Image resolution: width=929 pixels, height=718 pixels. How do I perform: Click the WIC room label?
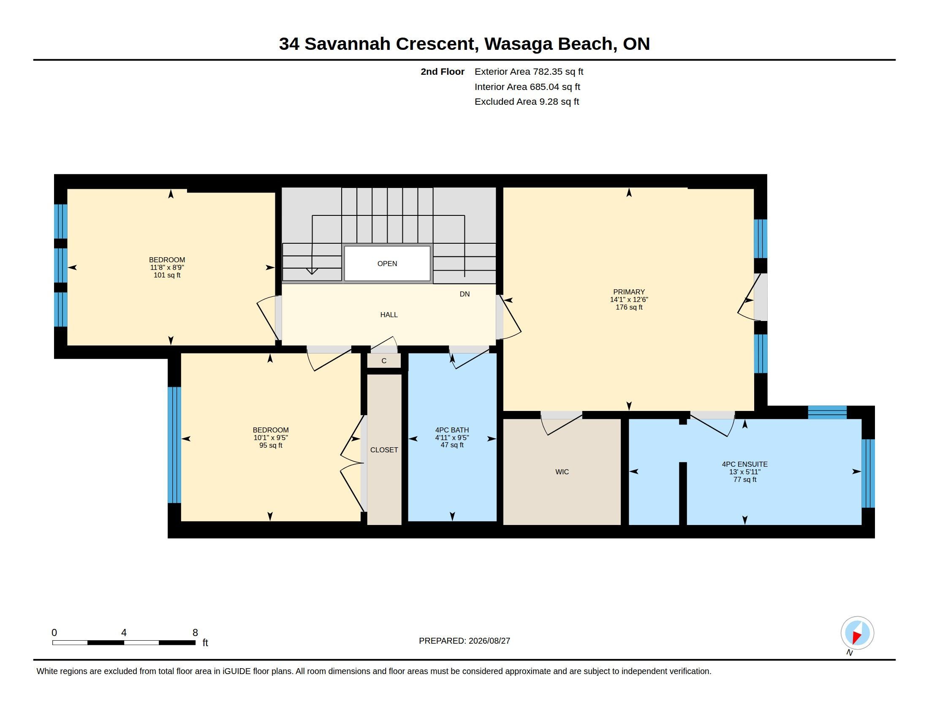pos(562,472)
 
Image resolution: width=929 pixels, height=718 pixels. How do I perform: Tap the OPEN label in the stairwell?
pos(387,264)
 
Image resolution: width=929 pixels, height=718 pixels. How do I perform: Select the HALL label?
pos(389,315)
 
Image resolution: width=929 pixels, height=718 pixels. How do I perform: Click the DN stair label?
pos(465,294)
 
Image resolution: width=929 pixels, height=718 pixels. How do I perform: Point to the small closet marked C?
pos(384,361)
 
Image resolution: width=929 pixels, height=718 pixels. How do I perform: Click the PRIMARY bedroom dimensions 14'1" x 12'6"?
pos(629,299)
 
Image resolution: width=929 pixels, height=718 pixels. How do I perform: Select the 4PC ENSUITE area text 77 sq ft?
pos(745,479)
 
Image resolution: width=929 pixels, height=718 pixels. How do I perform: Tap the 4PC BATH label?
pos(452,430)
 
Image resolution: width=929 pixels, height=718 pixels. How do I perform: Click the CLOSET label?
pos(384,450)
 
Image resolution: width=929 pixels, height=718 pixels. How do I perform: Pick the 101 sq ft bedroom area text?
pos(167,275)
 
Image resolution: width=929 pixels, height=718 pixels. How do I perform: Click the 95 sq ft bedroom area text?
pos(271,445)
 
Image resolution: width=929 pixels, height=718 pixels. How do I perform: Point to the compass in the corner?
pos(857,633)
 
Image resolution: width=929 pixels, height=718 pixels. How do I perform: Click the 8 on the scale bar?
pos(195,633)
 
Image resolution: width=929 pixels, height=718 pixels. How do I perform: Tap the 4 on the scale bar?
pos(124,633)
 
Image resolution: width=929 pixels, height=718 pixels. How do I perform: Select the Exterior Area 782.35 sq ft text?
pos(529,71)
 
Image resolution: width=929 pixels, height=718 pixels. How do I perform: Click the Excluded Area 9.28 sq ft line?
pos(527,101)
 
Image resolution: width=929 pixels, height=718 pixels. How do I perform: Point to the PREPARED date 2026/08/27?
pos(489,641)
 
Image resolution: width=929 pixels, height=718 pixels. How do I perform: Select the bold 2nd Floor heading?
pos(443,71)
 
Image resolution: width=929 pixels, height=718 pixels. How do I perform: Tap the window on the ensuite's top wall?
pos(827,412)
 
